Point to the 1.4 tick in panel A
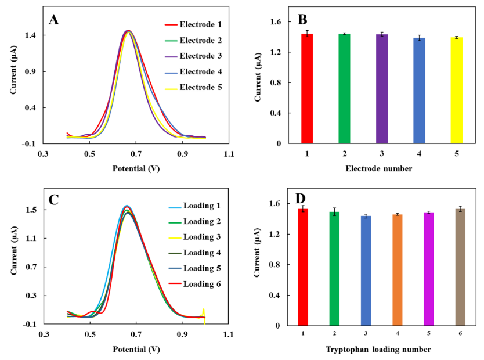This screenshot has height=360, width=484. (31, 35)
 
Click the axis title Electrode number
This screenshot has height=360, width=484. (379, 169)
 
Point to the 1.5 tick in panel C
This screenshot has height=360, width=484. (31, 210)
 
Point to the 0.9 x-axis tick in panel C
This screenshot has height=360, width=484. (182, 334)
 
